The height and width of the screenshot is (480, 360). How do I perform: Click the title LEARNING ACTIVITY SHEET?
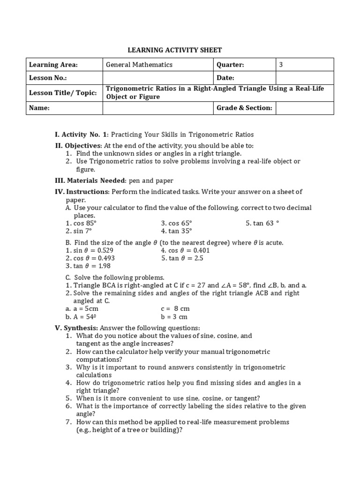pos(180,50)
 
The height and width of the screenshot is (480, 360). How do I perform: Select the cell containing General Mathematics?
pos(139,65)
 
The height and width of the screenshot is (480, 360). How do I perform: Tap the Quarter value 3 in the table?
pos(281,65)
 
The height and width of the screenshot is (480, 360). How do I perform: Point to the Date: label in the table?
pos(225,78)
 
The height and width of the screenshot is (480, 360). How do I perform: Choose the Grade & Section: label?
pos(244,108)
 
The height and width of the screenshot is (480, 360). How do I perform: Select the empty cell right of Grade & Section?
pos(305,108)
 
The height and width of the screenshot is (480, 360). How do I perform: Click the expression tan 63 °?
pos(262,223)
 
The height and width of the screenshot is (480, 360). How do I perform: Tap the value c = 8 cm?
pos(175,309)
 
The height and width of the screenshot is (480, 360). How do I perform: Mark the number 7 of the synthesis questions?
pos(68,422)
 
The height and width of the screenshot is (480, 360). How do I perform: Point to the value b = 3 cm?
pos(174,316)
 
